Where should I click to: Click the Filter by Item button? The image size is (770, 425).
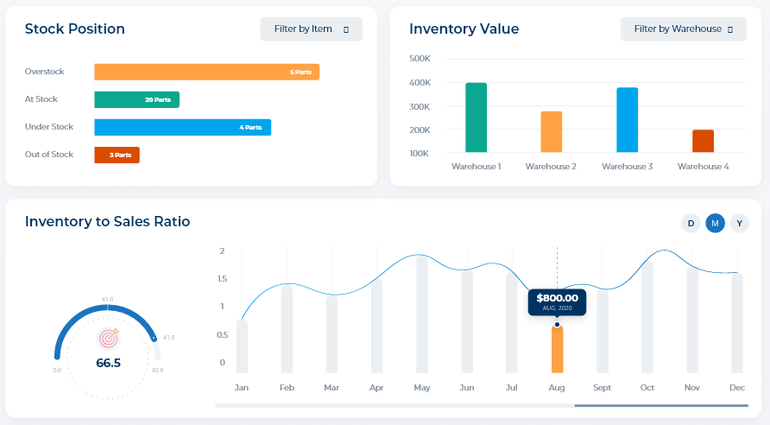(x=311, y=29)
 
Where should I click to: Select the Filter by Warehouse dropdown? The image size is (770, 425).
(x=683, y=29)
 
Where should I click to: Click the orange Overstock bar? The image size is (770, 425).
(x=206, y=72)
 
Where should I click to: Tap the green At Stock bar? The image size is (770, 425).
(x=136, y=99)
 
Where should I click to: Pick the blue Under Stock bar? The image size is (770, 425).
(x=182, y=127)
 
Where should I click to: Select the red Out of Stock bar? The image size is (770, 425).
(x=117, y=155)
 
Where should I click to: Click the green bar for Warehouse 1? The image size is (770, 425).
(x=477, y=117)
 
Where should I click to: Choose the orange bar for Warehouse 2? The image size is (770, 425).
(x=552, y=131)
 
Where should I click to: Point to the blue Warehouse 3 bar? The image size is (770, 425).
(x=628, y=120)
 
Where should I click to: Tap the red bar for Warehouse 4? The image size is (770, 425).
(x=703, y=141)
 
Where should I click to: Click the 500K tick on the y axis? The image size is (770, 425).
(x=420, y=59)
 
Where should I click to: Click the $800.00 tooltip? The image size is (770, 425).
(x=557, y=301)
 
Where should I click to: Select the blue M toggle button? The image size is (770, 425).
(x=715, y=223)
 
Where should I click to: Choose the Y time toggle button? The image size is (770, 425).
(x=739, y=223)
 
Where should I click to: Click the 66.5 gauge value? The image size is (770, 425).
(x=108, y=363)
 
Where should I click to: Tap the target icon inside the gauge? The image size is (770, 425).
(x=108, y=337)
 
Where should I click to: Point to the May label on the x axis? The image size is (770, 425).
(x=422, y=388)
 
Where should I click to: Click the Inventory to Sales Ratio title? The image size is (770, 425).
(x=108, y=222)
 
